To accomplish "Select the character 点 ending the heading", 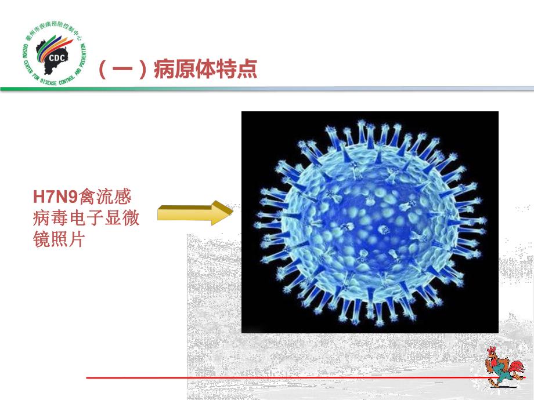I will click(x=247, y=70).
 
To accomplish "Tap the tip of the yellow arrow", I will click(x=231, y=213).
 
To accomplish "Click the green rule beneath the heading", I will click(x=267, y=89).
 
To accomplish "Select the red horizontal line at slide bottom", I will click(x=279, y=378).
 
